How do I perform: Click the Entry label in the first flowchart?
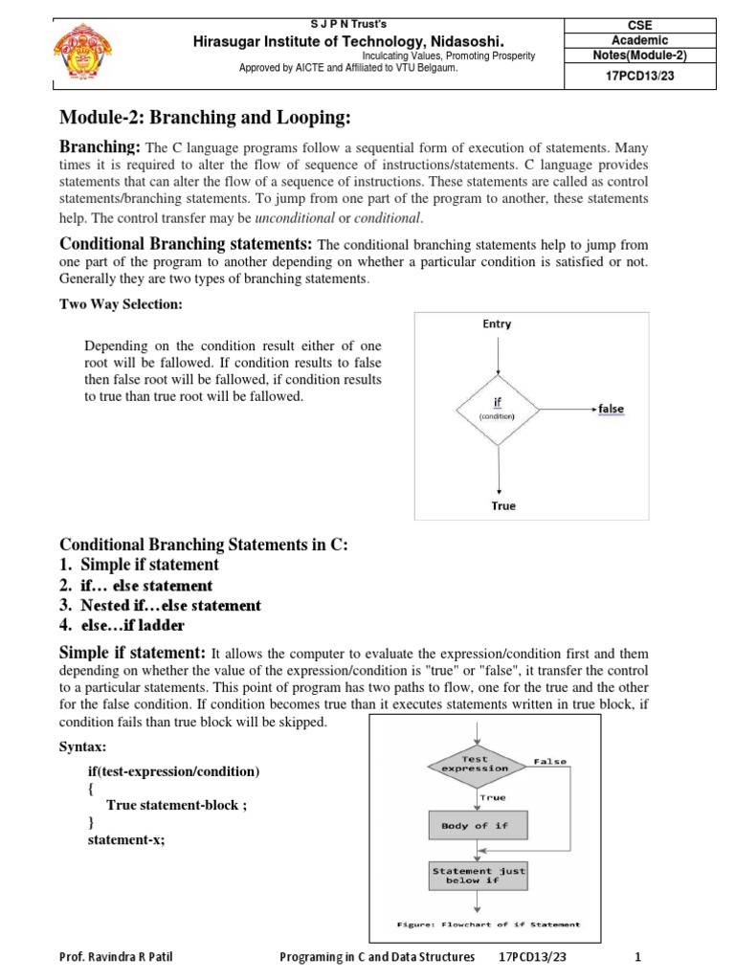[497, 324]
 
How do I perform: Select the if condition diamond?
[498, 409]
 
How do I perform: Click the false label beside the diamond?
[611, 409]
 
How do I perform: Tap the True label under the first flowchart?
[503, 505]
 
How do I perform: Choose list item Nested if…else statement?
[161, 606]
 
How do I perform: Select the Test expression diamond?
[475, 763]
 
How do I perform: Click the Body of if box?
[475, 825]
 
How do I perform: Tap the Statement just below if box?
[476, 876]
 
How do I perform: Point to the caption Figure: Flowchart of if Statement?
[489, 924]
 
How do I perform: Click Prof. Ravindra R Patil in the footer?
[118, 957]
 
